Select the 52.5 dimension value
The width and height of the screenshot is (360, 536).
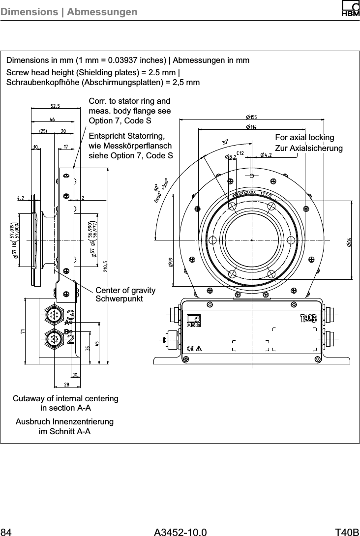[x=56, y=105]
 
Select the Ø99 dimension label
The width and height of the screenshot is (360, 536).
[x=170, y=261]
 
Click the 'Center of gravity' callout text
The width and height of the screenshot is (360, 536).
[x=125, y=291]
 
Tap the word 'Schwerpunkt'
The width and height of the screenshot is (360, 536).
[x=119, y=299]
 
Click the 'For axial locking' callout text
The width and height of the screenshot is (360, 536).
[x=304, y=138]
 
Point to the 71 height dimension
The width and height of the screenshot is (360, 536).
[x=23, y=332]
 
